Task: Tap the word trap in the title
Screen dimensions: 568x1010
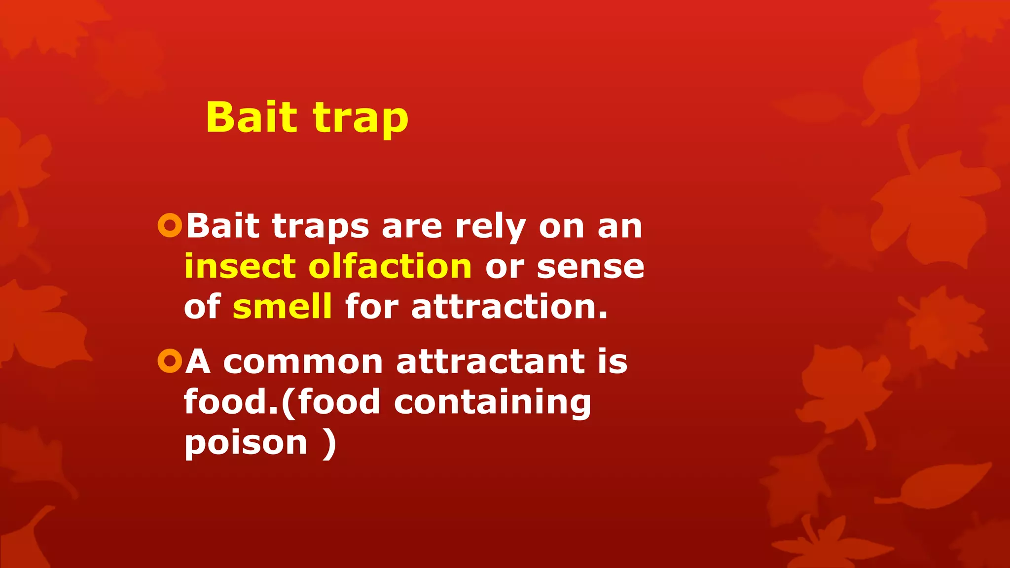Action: [361, 119]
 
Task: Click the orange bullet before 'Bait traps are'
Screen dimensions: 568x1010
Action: [170, 225]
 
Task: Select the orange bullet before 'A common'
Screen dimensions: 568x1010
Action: [170, 361]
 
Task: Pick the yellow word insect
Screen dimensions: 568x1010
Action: [240, 266]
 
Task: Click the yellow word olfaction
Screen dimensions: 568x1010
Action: [390, 266]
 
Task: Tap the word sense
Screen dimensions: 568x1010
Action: [590, 267]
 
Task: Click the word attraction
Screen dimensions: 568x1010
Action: [509, 307]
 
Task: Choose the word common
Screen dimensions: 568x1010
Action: [303, 362]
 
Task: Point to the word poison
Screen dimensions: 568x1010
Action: [246, 443]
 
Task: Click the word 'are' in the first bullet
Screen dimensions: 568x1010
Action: [412, 227]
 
